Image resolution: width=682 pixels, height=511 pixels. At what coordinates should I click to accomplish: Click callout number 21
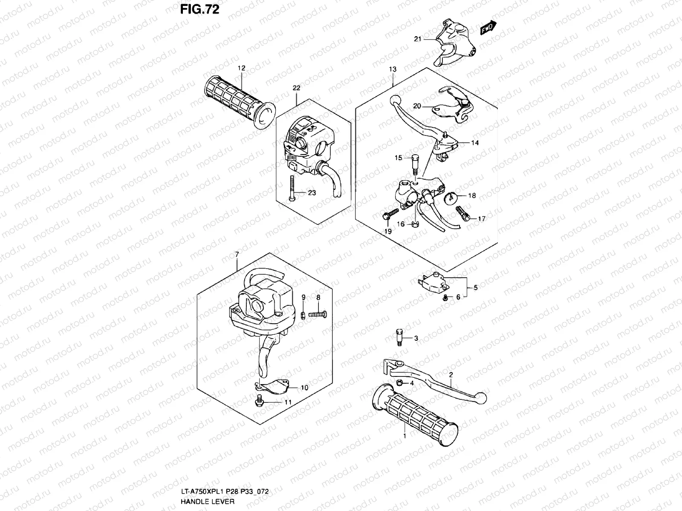[x=417, y=39]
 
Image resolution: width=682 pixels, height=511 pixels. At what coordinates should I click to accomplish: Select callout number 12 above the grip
[x=242, y=68]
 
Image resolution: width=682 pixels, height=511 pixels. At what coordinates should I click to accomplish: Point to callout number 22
[x=296, y=88]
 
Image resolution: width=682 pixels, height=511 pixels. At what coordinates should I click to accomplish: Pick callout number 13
[x=393, y=69]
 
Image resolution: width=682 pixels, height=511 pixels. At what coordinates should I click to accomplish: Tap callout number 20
[x=417, y=106]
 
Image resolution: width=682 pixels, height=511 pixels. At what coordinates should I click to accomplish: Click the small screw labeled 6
[x=445, y=298]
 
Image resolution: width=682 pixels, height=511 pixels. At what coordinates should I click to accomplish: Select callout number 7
[x=237, y=255]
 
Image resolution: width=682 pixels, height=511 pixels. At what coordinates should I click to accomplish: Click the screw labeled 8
[x=317, y=314]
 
